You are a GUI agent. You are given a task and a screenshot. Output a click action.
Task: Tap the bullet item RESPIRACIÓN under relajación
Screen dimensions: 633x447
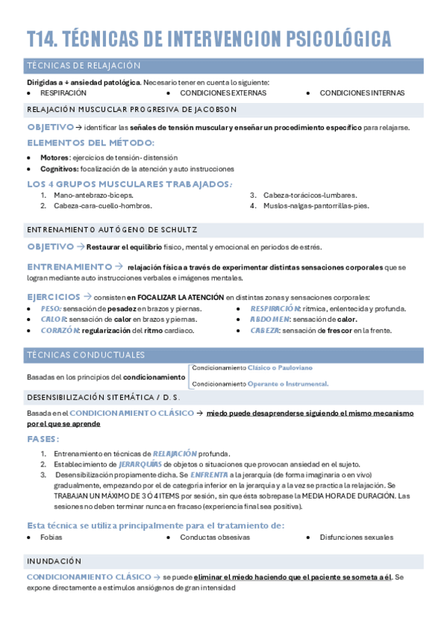63,93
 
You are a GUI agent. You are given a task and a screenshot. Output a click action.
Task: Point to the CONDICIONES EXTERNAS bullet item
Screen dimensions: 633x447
223,93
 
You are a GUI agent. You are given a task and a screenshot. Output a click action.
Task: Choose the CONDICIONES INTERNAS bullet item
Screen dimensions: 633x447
362,93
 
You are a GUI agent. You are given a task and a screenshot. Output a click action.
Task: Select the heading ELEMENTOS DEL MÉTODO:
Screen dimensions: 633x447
90,143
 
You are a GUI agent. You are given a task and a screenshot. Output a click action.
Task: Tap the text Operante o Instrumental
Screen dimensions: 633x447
288,384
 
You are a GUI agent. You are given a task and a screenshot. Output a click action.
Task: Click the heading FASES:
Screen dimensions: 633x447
43,438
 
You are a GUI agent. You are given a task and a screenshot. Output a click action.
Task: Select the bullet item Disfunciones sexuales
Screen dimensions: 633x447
356,537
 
